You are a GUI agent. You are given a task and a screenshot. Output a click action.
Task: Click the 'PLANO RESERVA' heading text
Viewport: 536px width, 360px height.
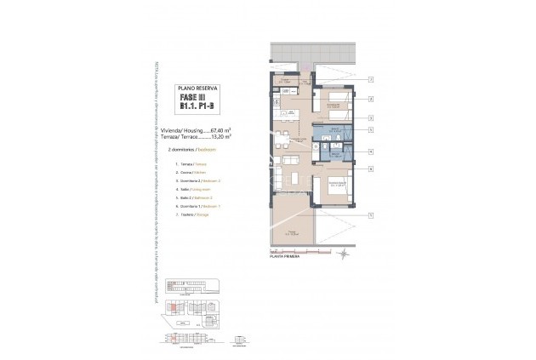coord(197,89)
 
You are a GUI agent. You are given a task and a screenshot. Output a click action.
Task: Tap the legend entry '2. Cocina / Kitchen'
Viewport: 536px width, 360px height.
coord(192,172)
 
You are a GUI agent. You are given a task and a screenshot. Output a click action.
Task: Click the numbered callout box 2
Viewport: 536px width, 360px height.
coord(372,100)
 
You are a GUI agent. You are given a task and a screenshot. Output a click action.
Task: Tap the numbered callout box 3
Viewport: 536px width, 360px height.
coord(372,118)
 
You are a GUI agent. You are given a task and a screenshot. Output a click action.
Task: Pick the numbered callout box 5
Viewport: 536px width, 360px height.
coord(372,151)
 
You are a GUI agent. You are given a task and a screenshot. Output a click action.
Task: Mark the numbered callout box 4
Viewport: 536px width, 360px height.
coord(372,130)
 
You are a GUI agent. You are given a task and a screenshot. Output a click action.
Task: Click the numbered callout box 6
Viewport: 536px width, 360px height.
coord(372,169)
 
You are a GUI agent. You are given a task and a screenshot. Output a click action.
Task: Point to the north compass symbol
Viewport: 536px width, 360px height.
coord(341,253)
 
